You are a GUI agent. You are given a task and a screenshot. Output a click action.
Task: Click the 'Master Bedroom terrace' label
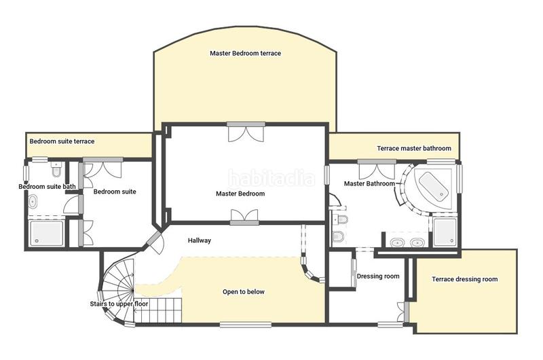point(245,54)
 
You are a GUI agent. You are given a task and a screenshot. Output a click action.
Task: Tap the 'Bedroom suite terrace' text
point(62,141)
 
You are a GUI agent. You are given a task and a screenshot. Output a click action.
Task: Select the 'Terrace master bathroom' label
point(414,149)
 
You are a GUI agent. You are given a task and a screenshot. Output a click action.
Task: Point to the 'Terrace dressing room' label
point(465,279)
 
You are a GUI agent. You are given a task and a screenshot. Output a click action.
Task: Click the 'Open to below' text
point(244,292)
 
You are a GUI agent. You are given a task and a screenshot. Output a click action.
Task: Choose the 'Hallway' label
point(200,240)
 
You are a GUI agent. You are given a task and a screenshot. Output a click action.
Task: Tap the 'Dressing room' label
point(378,276)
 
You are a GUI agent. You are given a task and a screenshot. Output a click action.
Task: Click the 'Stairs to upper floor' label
point(119,304)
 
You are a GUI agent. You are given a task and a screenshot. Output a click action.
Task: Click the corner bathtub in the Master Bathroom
point(433,186)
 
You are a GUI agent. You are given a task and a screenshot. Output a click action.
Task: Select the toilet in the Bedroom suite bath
point(56,170)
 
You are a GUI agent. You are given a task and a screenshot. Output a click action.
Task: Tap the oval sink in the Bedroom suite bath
point(33,202)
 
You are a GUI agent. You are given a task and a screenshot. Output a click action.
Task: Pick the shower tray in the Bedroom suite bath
point(46,233)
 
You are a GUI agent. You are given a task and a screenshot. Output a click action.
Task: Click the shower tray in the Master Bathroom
point(445,232)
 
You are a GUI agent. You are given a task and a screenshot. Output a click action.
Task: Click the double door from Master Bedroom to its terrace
point(246,132)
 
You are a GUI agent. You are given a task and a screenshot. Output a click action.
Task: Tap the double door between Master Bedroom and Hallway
point(244,217)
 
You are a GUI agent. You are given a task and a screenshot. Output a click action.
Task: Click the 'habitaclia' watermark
point(271,179)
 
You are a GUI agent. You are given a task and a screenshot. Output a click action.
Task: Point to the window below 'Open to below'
point(246,325)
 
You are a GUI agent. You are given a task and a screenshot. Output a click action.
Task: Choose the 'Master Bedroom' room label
point(240,194)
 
